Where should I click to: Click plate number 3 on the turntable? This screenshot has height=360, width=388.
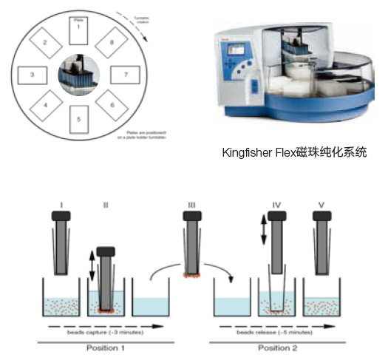[x=33, y=75]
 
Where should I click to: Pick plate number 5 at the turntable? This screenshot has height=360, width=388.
[x=79, y=119]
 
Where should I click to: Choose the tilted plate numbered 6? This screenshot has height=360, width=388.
[x=112, y=106]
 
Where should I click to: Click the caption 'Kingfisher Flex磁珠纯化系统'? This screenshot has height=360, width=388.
[x=294, y=153]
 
